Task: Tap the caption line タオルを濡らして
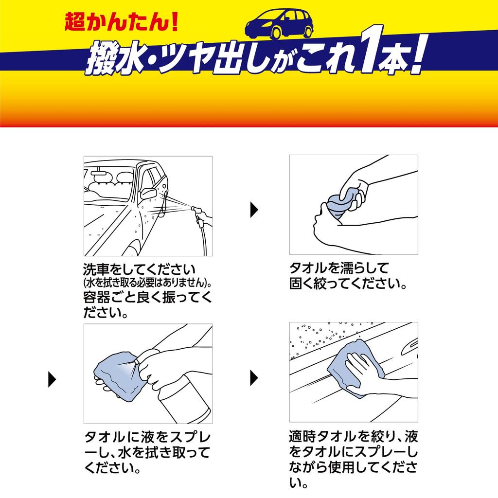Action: pyautogui.click(x=339, y=268)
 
